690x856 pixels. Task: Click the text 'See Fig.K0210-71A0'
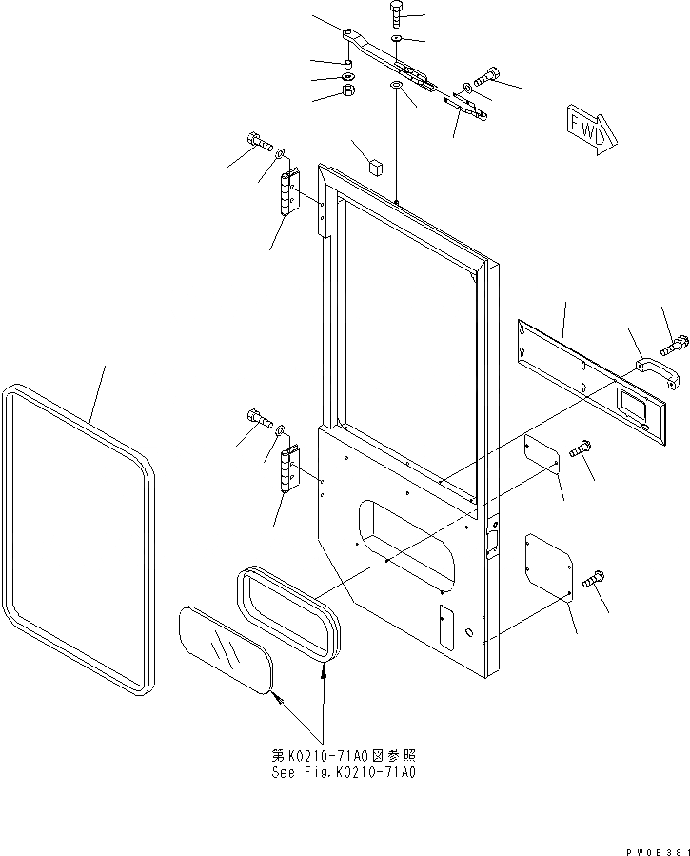pos(344,772)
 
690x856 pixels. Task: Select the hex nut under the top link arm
pos(348,92)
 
